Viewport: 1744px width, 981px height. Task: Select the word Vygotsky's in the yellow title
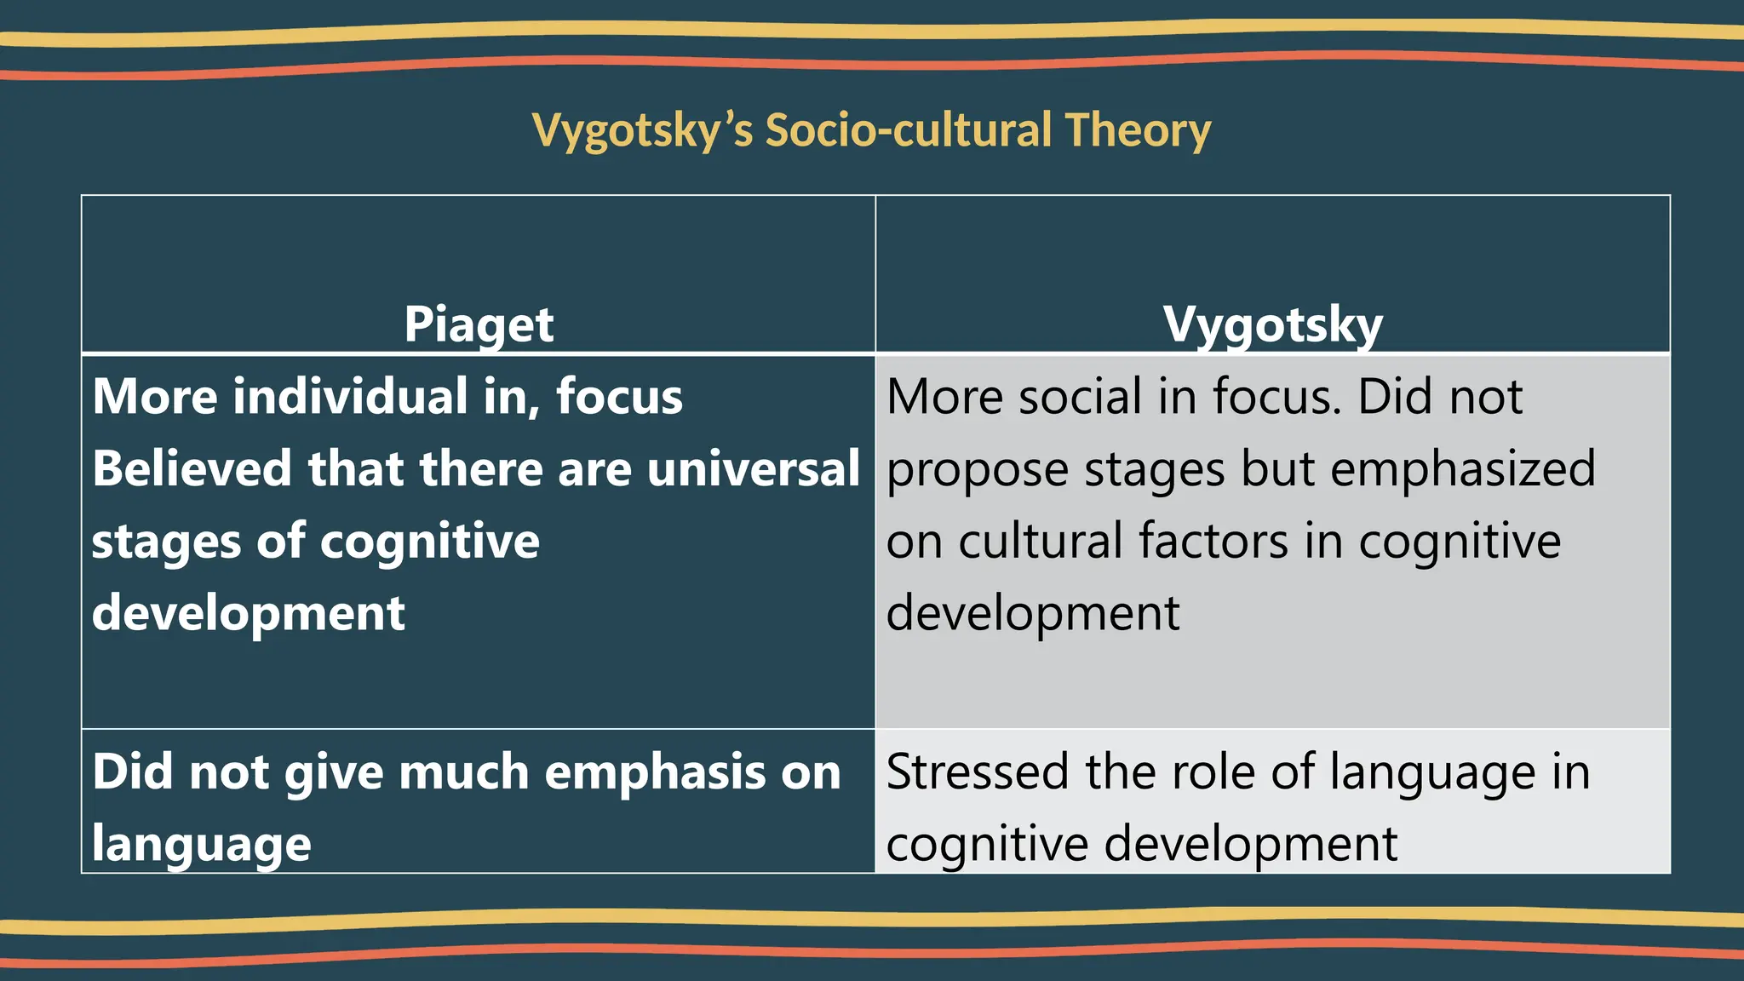click(642, 132)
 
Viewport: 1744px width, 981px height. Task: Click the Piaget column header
click(479, 324)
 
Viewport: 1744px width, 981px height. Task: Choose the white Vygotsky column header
click(1272, 324)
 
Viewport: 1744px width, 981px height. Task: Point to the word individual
click(350, 397)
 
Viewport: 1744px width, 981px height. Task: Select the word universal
click(753, 469)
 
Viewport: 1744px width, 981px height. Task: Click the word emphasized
click(1462, 469)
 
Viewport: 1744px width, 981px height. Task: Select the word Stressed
click(978, 772)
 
